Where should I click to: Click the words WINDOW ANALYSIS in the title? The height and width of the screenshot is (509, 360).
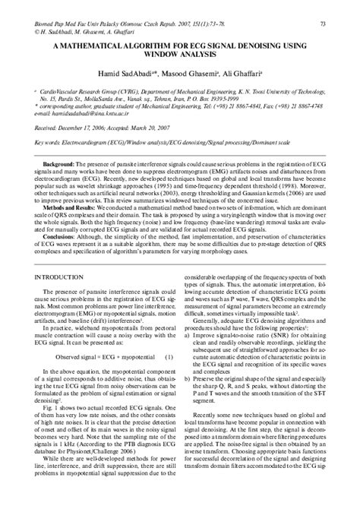[180, 56]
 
